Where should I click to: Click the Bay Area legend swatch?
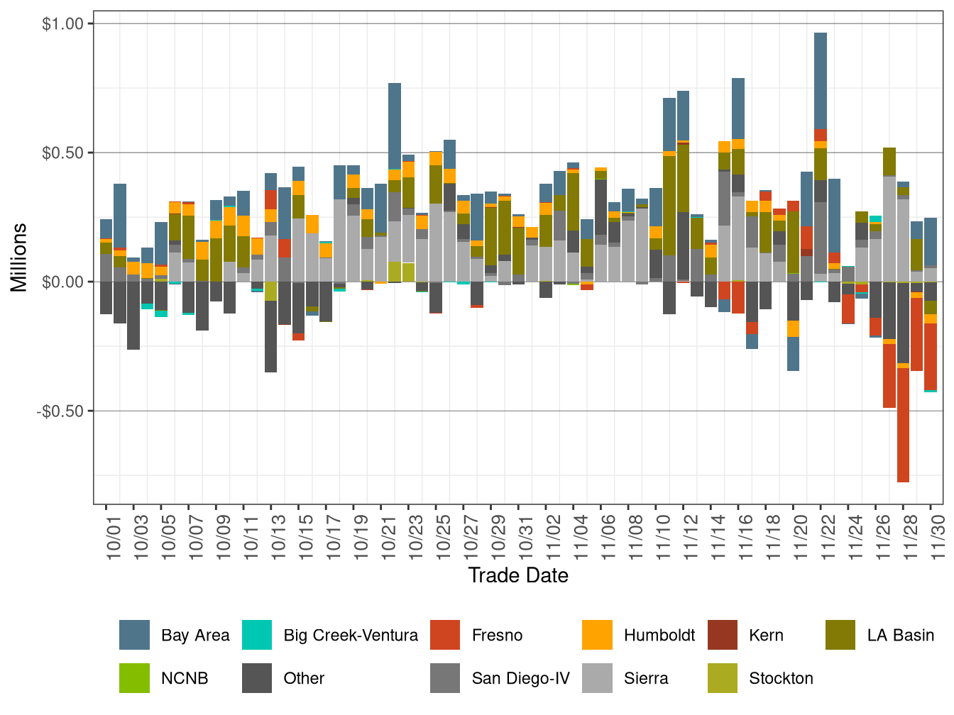134,635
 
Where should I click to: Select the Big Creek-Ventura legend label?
350,635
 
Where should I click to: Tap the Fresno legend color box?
445,635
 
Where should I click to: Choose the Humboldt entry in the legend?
659,635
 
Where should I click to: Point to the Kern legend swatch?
723,635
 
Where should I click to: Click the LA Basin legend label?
900,635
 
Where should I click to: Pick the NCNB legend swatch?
134,678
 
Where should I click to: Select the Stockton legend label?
781,678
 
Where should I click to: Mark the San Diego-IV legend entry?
520,678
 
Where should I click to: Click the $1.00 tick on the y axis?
63,24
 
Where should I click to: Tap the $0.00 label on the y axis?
63,282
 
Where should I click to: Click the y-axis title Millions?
19,257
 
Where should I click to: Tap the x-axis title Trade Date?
518,575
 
